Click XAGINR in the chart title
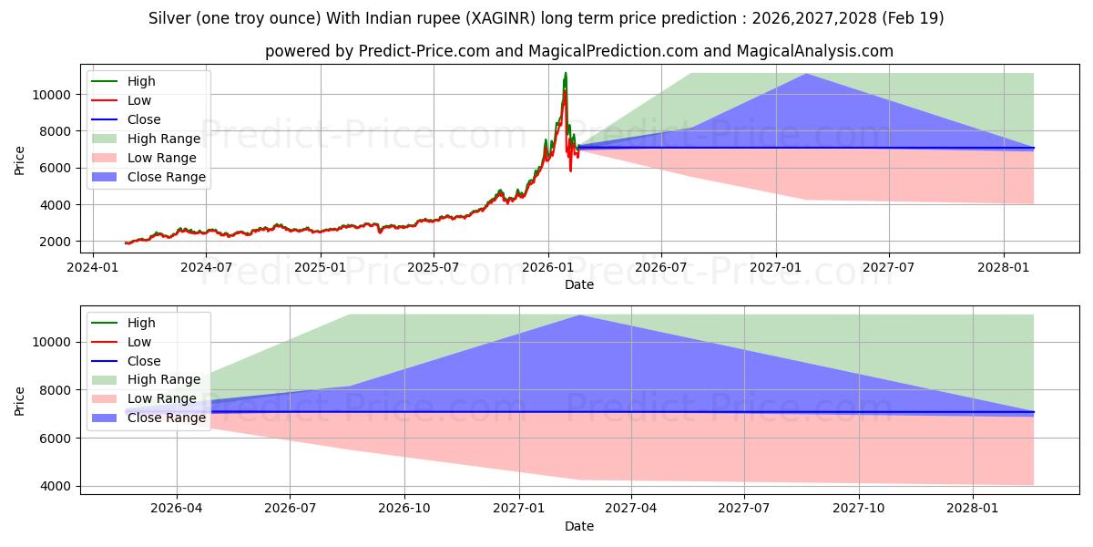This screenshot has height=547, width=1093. point(500,18)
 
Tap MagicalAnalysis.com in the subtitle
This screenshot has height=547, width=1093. point(814,51)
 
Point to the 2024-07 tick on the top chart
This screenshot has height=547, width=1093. point(206,268)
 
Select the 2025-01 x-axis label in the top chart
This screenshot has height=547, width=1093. point(321,268)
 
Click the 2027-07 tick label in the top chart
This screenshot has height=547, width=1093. point(889,268)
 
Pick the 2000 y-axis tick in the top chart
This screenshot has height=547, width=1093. point(56,242)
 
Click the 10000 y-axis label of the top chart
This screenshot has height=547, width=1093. point(52,95)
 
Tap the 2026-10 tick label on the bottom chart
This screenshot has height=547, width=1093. point(404,509)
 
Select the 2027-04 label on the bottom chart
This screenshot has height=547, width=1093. point(631,509)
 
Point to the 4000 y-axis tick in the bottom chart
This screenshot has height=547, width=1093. point(56,487)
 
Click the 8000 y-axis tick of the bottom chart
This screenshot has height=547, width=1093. point(56,390)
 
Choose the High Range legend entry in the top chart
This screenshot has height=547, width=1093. point(147,139)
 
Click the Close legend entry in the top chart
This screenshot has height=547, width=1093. point(127,119)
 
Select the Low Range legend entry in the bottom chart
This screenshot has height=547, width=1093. point(145,398)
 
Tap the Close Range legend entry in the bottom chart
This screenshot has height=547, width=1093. point(148,418)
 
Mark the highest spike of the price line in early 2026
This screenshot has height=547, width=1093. point(566,73)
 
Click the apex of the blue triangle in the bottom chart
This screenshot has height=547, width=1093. point(579,315)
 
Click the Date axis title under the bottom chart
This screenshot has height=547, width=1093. point(579,526)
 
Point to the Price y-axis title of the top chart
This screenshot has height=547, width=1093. point(19,160)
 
